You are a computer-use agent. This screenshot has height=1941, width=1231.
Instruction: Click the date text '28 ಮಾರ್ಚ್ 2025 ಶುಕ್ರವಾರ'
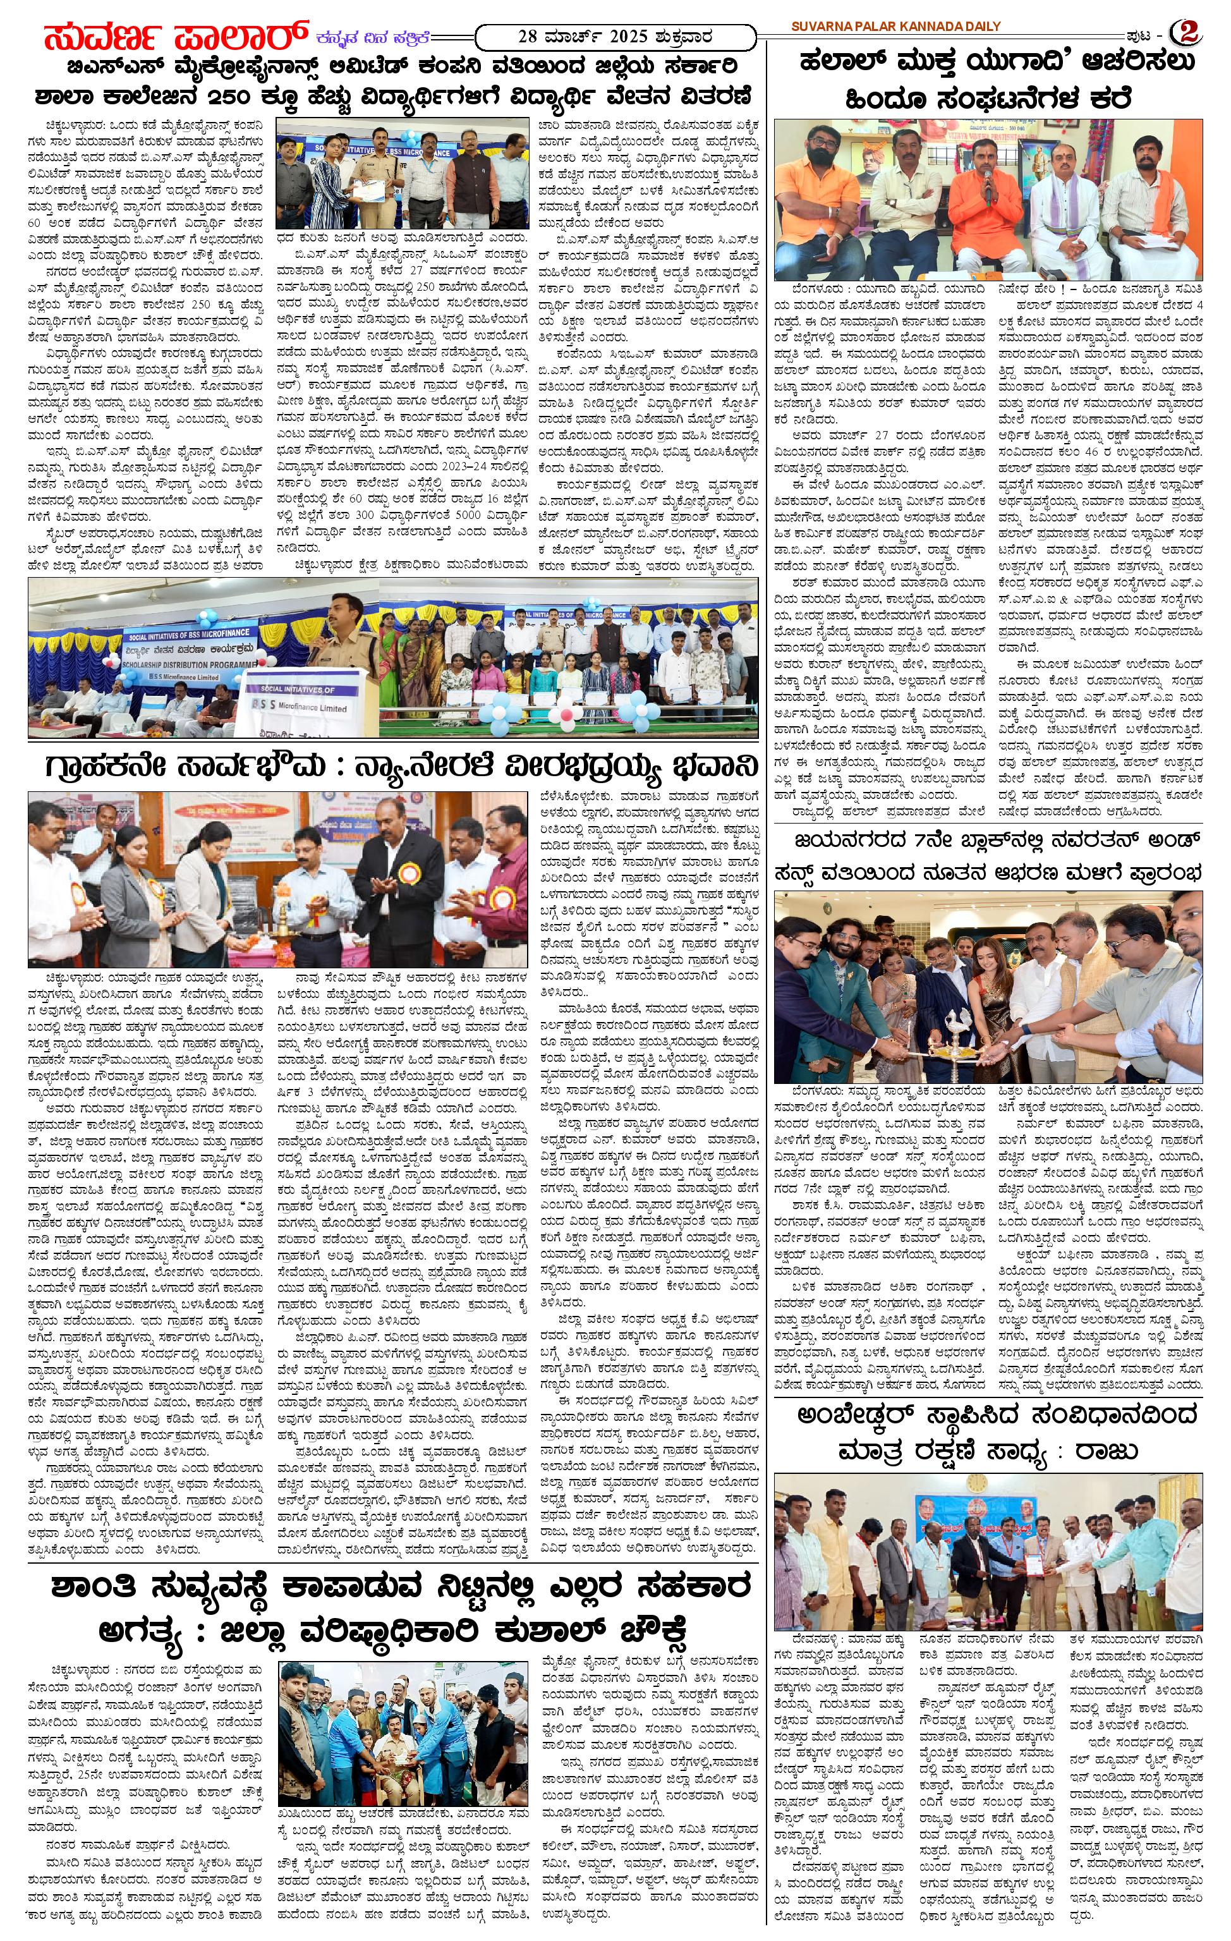coord(616,36)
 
